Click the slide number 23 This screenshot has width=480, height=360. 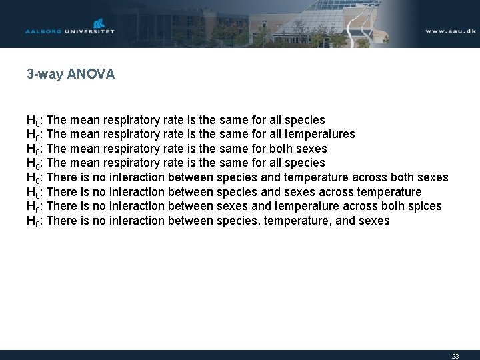455,356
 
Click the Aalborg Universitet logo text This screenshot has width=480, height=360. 70,31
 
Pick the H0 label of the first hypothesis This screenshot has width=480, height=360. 35,121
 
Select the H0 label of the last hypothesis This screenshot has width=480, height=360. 35,221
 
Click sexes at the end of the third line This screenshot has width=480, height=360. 312,148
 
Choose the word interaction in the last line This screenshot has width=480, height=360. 137,221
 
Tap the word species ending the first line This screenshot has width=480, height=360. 305,120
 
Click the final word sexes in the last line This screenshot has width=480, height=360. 375,221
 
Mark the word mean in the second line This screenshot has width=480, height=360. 85,134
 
